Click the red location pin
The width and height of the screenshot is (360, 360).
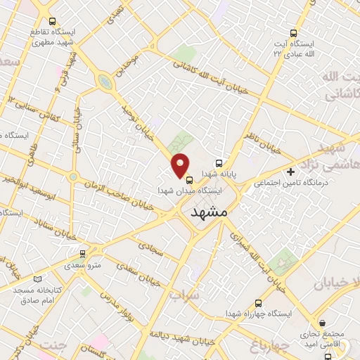(181, 165)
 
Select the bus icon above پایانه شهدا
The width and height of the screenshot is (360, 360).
(219, 160)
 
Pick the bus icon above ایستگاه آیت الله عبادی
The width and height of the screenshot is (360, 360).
(295, 32)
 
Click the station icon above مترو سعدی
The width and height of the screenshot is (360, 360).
(83, 253)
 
